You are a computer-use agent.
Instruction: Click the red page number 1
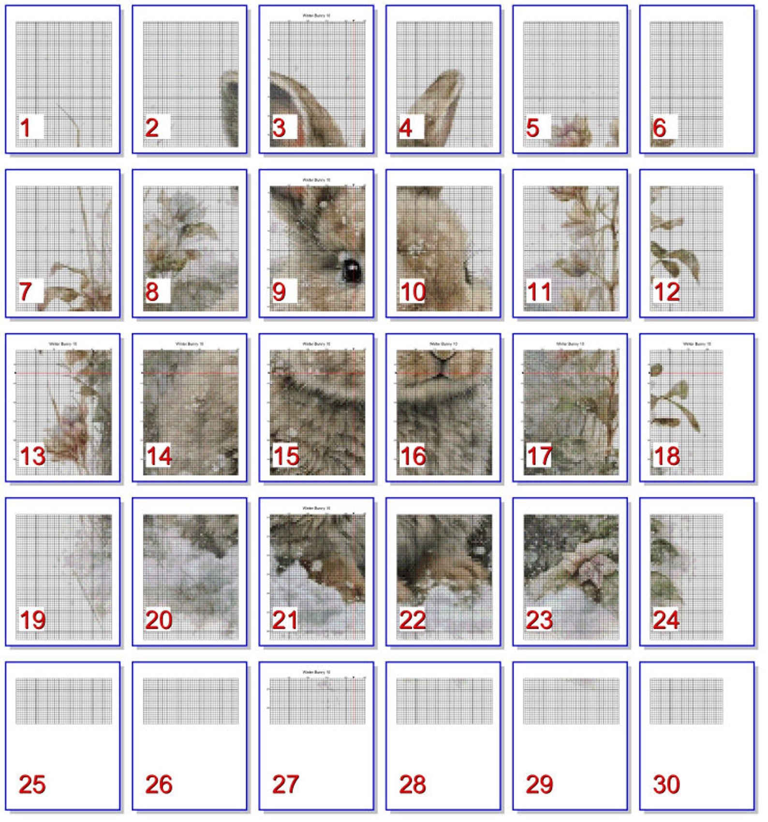(x=25, y=128)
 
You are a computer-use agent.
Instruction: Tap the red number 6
(x=659, y=128)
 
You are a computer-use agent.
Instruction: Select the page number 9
(x=279, y=292)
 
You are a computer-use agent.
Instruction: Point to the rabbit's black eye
(x=351, y=270)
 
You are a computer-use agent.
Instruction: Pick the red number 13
(x=32, y=456)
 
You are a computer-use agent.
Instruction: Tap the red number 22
(x=412, y=620)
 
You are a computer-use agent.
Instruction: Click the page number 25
(x=32, y=784)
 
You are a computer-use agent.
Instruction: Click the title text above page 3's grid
(x=316, y=16)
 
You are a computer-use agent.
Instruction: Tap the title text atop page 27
(x=316, y=673)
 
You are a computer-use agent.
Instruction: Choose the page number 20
(x=159, y=620)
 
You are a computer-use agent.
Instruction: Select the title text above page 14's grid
(x=190, y=344)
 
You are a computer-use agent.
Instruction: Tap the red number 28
(x=412, y=784)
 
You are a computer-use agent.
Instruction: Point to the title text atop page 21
(x=316, y=508)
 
